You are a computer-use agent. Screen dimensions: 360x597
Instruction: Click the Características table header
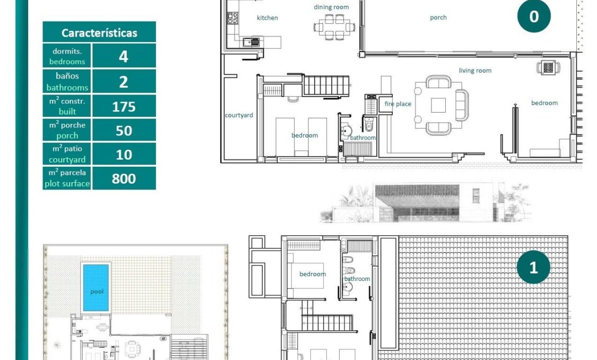coord(99,32)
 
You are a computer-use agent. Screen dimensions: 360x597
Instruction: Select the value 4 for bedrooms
coord(124,56)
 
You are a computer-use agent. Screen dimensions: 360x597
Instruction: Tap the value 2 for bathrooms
coord(124,82)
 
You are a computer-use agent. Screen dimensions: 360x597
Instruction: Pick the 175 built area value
coord(124,107)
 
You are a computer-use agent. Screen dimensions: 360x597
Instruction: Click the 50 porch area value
coord(124,131)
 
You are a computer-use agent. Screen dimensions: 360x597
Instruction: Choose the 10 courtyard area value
coord(124,155)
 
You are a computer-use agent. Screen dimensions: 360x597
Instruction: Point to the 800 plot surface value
coord(124,179)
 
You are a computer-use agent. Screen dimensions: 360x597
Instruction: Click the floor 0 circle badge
coord(534,16)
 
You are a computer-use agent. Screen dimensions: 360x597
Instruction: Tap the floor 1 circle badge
coord(533,267)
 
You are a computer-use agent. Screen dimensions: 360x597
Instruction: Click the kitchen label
coord(267,18)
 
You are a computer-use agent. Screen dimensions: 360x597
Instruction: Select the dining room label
coord(331,7)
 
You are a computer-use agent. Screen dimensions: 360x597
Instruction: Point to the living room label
coord(475,70)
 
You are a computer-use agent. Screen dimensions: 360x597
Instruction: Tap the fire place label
coord(397,104)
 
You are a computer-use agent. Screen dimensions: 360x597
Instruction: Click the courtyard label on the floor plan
coord(239,115)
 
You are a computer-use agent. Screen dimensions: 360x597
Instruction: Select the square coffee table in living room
coord(438,105)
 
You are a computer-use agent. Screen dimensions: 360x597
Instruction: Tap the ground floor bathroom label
coord(362,138)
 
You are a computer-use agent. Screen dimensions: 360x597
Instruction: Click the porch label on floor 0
coord(438,18)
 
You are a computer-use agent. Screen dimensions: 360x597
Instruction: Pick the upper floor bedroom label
coord(313,274)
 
